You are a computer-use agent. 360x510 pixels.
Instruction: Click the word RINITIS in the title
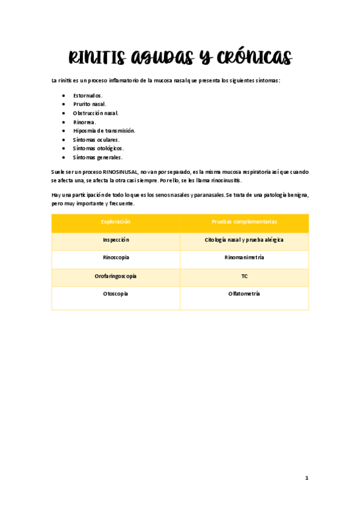96,58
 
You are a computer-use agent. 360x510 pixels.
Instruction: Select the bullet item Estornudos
88,96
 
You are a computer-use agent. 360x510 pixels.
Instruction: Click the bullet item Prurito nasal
90,104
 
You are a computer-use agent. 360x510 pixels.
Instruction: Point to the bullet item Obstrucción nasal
96,113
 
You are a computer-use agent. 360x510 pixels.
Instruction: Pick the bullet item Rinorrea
84,122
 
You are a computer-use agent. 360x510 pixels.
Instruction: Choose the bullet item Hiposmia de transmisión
104,131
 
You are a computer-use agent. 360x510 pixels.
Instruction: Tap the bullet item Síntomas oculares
96,140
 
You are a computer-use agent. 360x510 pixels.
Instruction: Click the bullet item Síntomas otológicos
99,148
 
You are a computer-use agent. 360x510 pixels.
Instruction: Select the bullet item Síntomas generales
97,157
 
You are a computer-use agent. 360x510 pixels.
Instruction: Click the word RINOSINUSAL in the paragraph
120,172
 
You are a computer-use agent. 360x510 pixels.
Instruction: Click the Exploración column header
115,223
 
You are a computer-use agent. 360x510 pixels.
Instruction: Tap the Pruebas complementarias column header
244,223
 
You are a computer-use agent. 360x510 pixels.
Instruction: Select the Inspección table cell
115,240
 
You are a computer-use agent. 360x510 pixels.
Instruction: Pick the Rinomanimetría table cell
244,258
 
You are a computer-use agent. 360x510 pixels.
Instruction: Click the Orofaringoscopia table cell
115,276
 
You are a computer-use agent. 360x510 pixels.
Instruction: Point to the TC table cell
244,276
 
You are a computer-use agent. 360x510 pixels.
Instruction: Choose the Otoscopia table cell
115,294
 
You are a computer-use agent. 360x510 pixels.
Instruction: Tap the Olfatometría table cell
244,294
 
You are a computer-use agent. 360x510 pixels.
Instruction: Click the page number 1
307,478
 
